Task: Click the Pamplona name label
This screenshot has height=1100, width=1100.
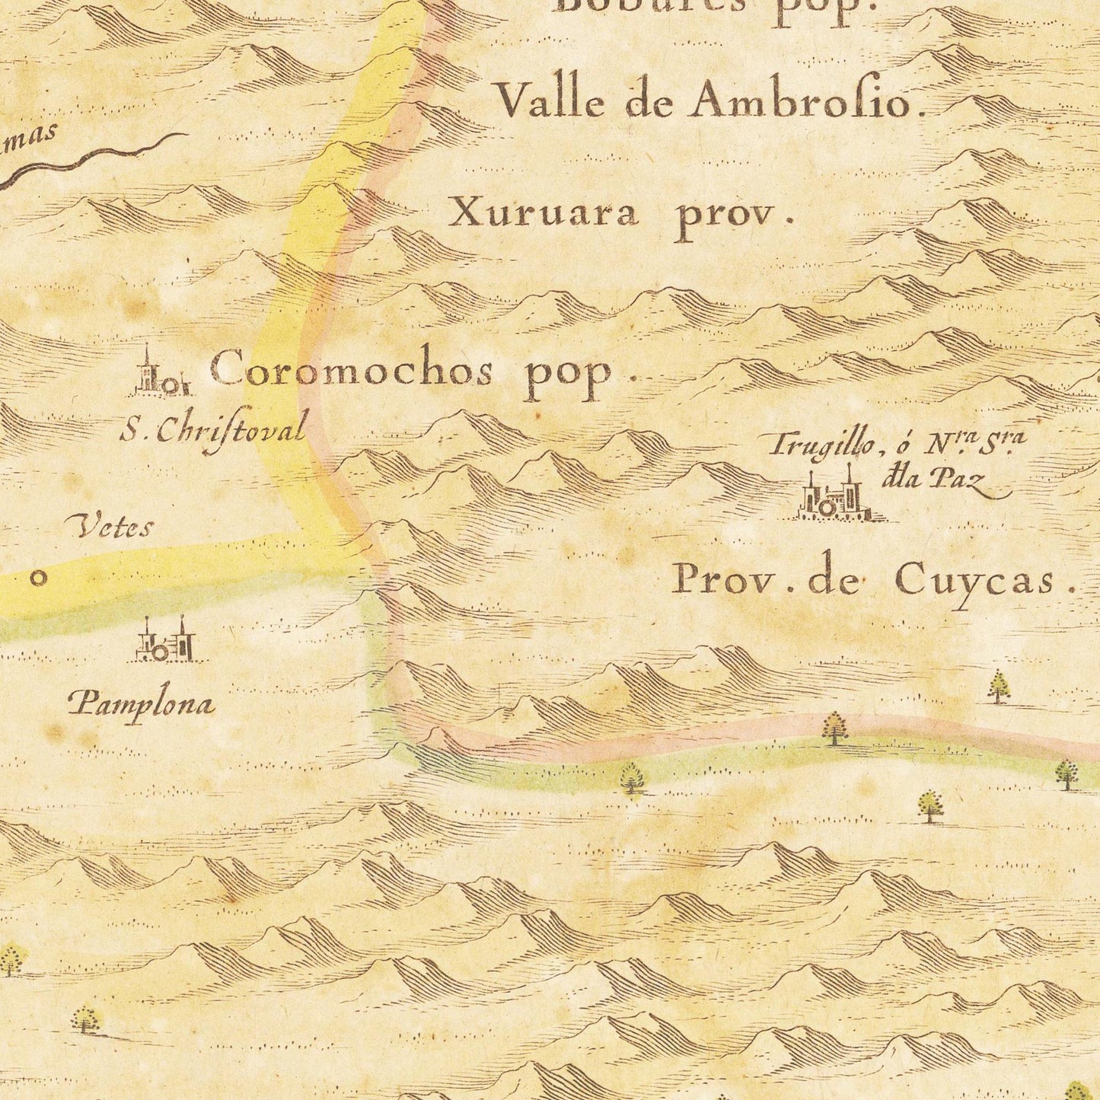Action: click(142, 704)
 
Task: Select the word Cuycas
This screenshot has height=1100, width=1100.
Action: click(977, 580)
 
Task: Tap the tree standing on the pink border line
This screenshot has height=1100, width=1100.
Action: click(835, 728)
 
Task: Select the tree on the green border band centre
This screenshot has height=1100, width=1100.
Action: click(632, 778)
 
